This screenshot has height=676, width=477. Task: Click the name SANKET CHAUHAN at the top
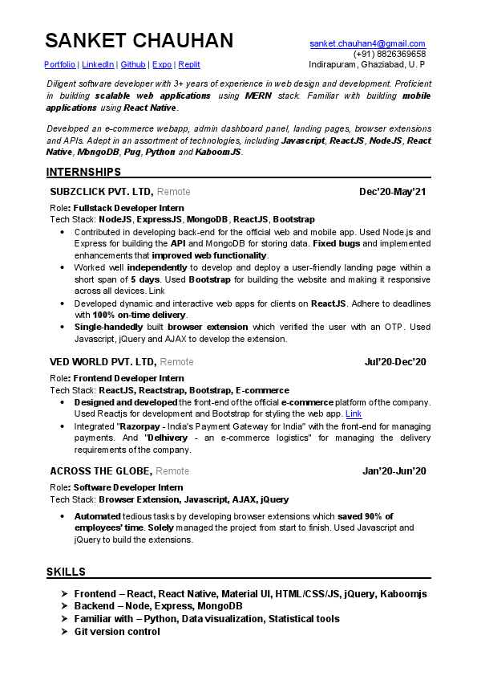pos(139,42)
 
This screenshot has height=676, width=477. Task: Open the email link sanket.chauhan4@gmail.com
pos(367,43)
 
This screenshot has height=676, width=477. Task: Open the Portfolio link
pos(60,64)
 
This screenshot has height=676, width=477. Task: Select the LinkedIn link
pos(98,64)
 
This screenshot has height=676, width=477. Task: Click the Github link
pos(133,64)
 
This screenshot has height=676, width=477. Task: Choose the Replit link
pos(189,64)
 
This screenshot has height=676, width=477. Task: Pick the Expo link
pos(162,64)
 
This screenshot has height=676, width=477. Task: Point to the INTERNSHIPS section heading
pos(84,172)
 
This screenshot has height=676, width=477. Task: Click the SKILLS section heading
pos(66,572)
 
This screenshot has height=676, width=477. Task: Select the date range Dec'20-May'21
pos(393,192)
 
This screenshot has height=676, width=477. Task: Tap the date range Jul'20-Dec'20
pos(395,362)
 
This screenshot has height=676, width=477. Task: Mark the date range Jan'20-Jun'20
pos(394,471)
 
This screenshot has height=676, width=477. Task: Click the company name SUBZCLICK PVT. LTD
pos(101,192)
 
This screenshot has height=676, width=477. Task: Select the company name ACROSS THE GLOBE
pos(100,471)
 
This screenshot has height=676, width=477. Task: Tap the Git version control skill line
pos(116,632)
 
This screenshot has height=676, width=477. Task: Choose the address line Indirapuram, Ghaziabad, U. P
pos(366,64)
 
